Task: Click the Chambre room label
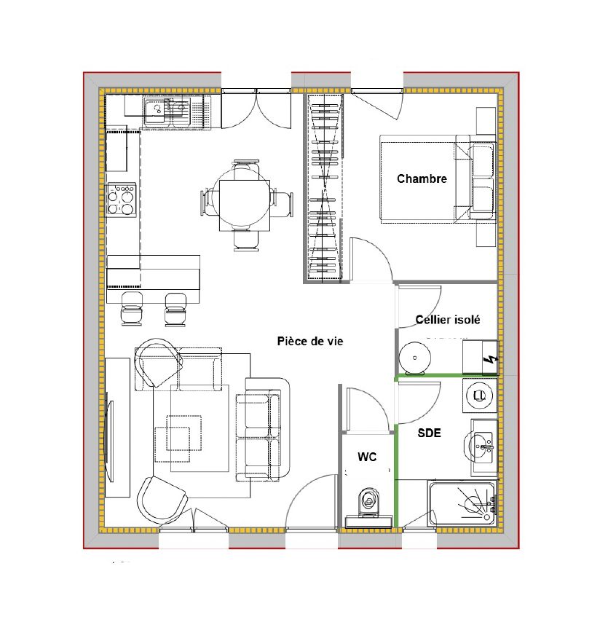click(x=422, y=178)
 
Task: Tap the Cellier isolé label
click(x=447, y=320)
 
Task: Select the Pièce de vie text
click(x=309, y=341)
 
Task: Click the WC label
click(x=367, y=457)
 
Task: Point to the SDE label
click(x=429, y=433)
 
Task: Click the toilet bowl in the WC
click(x=368, y=501)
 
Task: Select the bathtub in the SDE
click(x=462, y=502)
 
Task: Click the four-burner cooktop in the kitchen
click(x=122, y=200)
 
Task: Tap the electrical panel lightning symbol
click(x=490, y=358)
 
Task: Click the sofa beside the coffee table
click(x=262, y=430)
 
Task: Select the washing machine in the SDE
click(x=480, y=396)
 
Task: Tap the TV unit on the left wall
click(x=117, y=427)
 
